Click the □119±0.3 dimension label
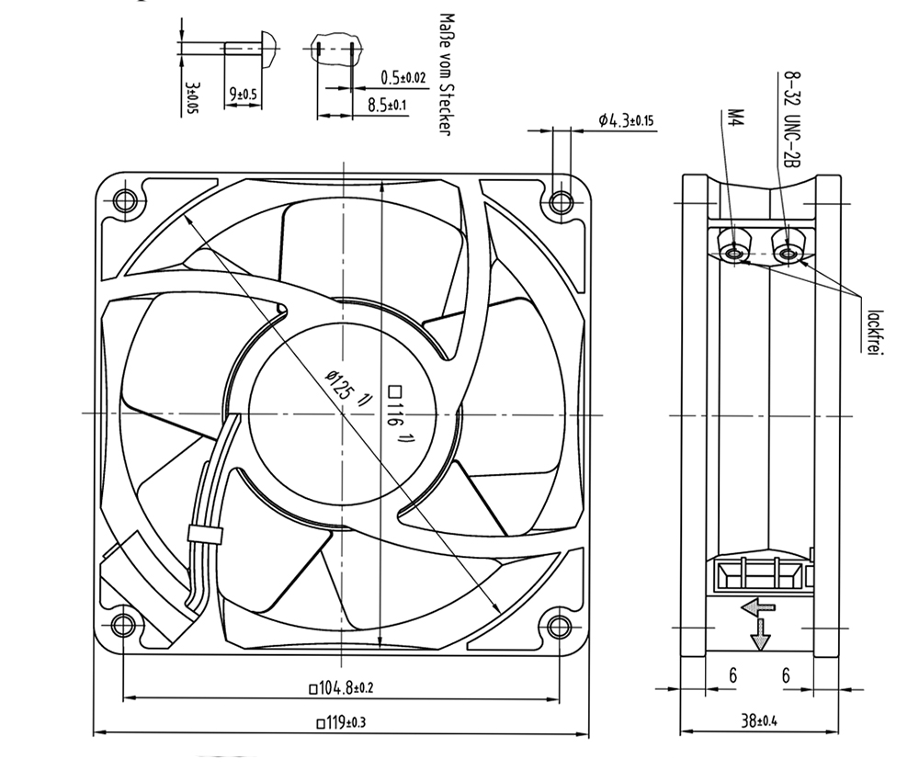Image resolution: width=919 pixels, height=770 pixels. [341, 722]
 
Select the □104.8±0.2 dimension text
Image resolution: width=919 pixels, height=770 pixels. [341, 688]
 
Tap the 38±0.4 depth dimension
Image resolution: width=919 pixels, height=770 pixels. [759, 720]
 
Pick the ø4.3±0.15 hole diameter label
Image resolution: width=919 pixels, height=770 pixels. [626, 120]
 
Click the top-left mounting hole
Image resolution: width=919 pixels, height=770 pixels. [124, 201]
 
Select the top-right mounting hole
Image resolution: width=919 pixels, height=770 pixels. [561, 202]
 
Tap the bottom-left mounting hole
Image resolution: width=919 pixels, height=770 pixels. [124, 626]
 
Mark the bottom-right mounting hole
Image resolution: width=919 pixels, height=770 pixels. [561, 627]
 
